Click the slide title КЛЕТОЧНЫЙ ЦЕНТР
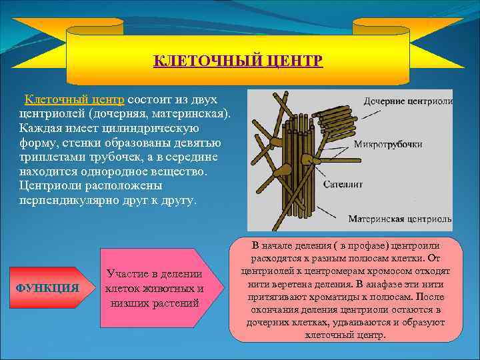[x=238, y=61]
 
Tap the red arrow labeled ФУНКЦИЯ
[x=48, y=288]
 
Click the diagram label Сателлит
[x=343, y=184]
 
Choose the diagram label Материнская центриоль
[x=399, y=219]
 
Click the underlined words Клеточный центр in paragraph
[x=74, y=99]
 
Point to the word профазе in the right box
[x=338, y=245]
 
